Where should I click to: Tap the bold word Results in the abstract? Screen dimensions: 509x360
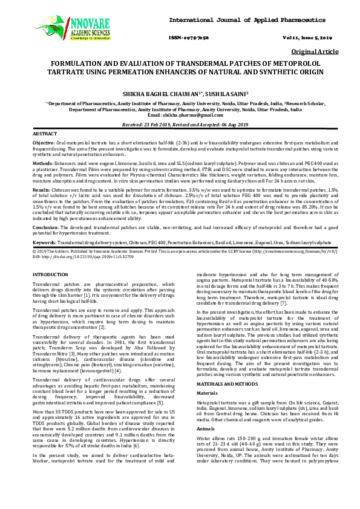42,189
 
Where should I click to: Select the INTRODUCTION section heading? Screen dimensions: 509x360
50,274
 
